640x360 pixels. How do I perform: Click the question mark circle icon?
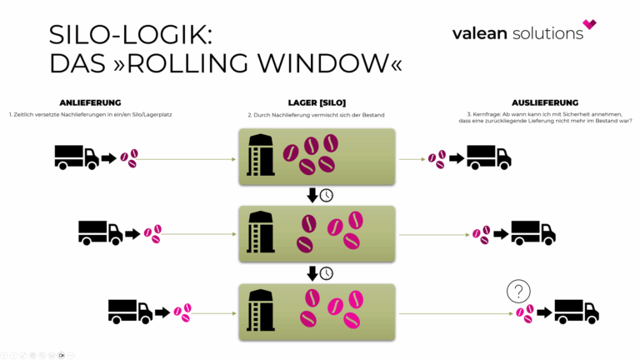[519, 292]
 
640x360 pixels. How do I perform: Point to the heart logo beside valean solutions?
[590, 25]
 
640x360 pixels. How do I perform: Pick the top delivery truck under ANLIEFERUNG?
[76, 156]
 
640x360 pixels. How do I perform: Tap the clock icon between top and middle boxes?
[327, 195]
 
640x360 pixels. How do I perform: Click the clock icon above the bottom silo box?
[327, 272]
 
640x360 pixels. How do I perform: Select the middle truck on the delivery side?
[100, 232]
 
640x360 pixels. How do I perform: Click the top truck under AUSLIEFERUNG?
[488, 156]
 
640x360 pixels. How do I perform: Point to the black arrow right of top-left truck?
[109, 157]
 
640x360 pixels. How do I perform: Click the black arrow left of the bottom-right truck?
[544, 312]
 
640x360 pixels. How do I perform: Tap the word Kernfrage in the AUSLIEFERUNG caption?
[491, 114]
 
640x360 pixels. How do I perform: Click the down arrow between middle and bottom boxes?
[312, 272]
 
